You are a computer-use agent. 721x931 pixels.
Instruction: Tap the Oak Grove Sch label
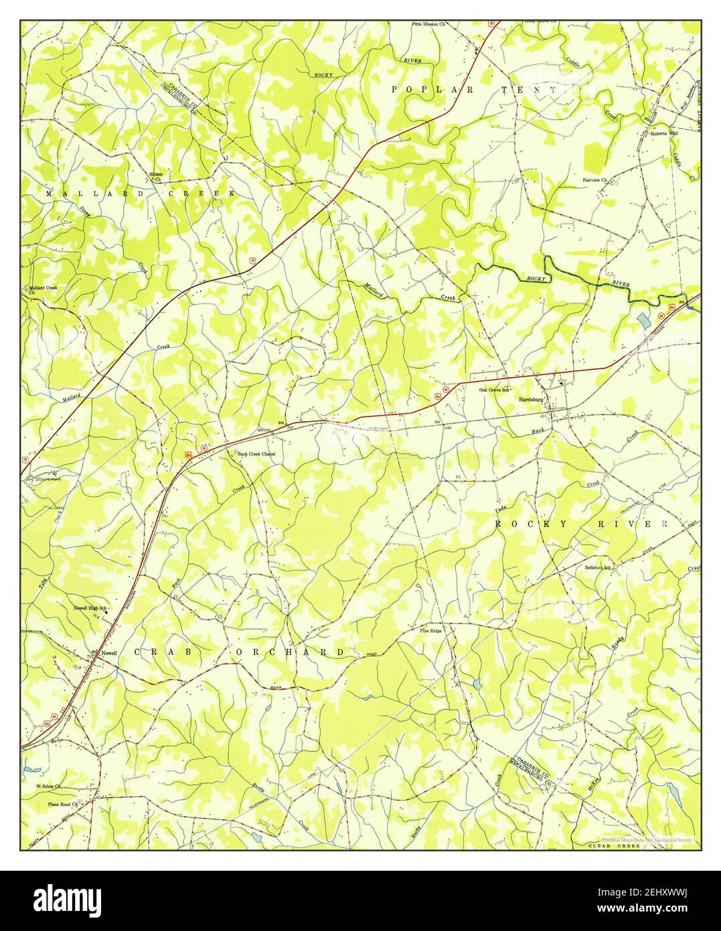tap(495, 389)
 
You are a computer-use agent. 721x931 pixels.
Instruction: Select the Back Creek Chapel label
tap(256, 454)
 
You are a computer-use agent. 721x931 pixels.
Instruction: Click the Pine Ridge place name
tap(431, 631)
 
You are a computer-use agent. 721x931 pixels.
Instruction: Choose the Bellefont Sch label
tap(598, 567)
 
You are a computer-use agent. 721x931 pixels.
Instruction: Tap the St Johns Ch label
tap(49, 787)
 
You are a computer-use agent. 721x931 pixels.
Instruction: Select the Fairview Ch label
tap(594, 180)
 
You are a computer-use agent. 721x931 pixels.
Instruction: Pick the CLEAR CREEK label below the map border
tap(614, 847)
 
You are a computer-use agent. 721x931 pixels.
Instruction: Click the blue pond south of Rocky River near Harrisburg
tap(643, 321)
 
